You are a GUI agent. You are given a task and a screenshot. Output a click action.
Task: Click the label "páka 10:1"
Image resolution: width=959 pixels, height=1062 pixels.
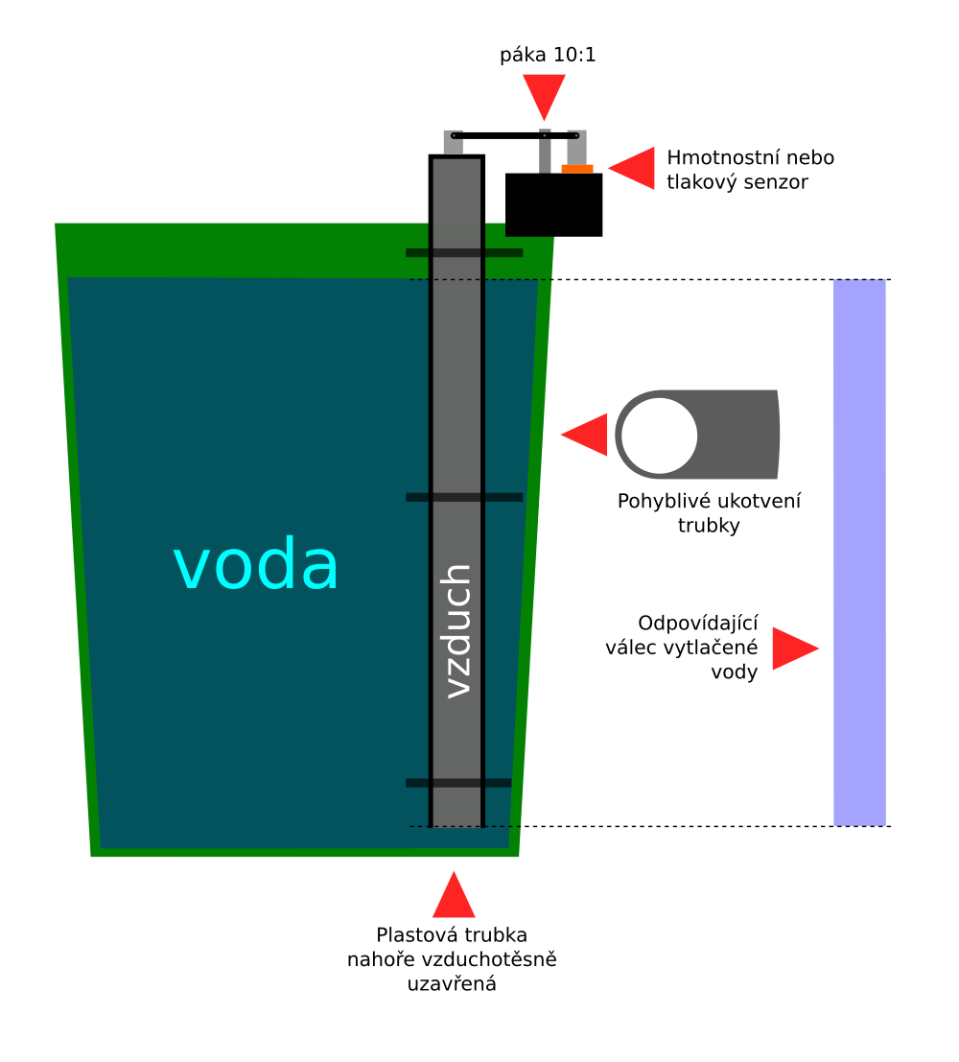pos(548,55)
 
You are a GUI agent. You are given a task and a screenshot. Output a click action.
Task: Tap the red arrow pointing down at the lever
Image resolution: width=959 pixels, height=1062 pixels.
pos(545,94)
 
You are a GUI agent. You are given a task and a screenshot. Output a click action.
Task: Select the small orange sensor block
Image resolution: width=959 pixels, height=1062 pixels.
pos(577,169)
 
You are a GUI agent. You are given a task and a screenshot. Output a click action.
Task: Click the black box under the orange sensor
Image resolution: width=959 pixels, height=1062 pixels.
pos(553,205)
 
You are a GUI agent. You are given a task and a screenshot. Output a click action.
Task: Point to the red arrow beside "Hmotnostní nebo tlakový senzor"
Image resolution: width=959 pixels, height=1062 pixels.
pos(633,168)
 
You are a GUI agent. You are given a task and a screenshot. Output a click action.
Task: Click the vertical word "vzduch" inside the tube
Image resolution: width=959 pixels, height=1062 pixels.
pos(457,630)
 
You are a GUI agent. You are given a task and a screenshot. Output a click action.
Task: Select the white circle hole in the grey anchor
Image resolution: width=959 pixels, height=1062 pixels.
pos(659,435)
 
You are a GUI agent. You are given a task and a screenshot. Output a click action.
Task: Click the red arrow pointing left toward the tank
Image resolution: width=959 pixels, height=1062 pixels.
pos(586,435)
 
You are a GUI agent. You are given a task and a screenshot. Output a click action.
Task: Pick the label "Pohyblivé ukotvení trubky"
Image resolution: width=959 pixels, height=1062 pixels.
pos(709,512)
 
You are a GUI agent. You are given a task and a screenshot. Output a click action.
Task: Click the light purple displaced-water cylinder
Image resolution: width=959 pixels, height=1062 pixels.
pos(859,552)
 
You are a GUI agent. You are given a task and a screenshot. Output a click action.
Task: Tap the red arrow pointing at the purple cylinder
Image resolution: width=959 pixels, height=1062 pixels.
pos(794,649)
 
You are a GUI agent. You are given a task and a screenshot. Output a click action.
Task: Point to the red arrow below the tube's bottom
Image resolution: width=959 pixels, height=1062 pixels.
pos(454,897)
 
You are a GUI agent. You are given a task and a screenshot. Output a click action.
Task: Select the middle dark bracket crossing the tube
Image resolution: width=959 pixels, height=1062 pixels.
pos(464,497)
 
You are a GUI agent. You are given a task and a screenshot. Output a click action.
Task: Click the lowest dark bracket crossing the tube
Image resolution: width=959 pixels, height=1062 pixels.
pos(458,783)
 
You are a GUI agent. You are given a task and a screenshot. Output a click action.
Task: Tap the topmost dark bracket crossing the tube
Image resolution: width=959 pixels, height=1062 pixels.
pos(464,253)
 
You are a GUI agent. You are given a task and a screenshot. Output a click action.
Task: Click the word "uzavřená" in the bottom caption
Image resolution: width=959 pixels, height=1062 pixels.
pos(452,983)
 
